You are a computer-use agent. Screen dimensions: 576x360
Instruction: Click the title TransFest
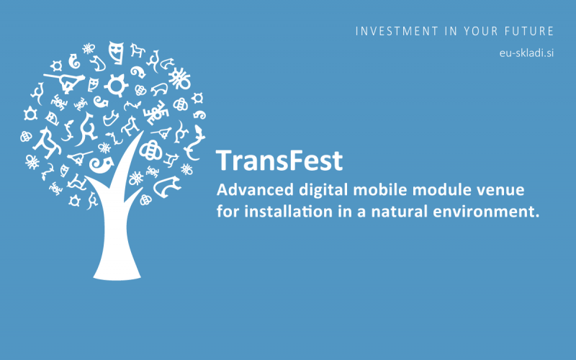click(279, 161)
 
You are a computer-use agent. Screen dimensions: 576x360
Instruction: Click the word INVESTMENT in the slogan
click(397, 31)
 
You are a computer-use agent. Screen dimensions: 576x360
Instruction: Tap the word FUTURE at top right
click(529, 31)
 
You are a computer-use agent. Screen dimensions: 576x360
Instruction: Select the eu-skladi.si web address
click(526, 53)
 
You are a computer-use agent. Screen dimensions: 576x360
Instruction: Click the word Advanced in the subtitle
click(255, 190)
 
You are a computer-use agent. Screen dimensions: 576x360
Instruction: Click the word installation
click(289, 212)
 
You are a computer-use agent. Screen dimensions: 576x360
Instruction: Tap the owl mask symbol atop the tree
click(116, 53)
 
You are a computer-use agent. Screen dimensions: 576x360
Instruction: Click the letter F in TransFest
click(294, 161)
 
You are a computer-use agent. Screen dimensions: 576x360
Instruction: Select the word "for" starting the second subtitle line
click(228, 212)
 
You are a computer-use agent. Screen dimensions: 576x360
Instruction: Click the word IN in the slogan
click(451, 31)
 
